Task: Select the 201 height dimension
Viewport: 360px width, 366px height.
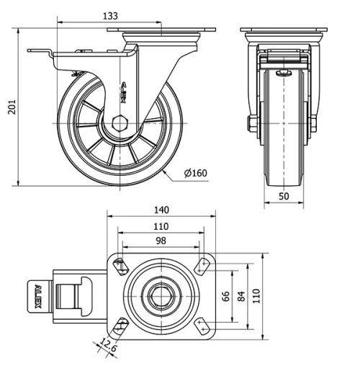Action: (9, 107)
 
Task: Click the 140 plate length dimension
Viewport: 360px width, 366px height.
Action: (161, 210)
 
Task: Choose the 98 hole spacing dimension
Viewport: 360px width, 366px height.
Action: (161, 240)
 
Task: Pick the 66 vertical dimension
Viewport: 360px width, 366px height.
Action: (225, 297)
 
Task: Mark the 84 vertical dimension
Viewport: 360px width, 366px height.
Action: (243, 297)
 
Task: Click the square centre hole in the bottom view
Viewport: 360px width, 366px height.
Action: (161, 295)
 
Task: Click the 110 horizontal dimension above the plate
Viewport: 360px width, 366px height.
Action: (161, 226)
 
